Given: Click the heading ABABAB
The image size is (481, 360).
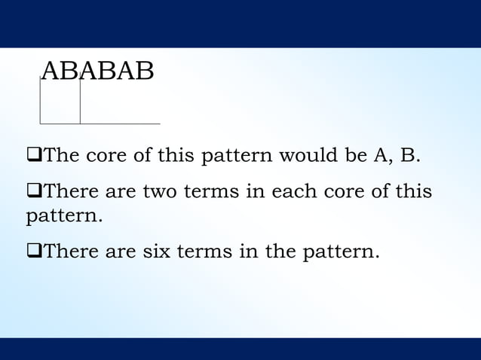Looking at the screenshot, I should pyautogui.click(x=97, y=71).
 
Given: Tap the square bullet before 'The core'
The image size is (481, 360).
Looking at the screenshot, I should pyautogui.click(x=32, y=156).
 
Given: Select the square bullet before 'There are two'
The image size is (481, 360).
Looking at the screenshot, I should pyautogui.click(x=32, y=191).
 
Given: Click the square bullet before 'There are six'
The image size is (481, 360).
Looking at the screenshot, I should pyautogui.click(x=32, y=251).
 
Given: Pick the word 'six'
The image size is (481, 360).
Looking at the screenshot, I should pyautogui.click(x=155, y=251).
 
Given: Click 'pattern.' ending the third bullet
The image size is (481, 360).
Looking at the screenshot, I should pyautogui.click(x=341, y=251).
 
